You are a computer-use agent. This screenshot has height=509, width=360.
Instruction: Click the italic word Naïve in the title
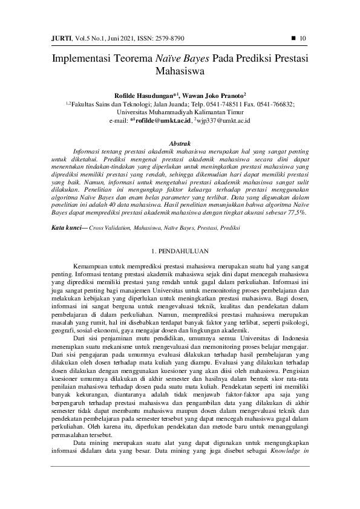[x=172, y=60]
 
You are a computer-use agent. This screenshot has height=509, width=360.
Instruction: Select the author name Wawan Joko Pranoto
[x=215, y=96]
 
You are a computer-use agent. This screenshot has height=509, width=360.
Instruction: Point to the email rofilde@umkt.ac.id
[x=163, y=121]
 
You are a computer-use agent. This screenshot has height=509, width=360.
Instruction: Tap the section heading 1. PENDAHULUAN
[x=179, y=250]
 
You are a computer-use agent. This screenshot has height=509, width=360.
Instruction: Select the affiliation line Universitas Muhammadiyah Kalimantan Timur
[x=180, y=112]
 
